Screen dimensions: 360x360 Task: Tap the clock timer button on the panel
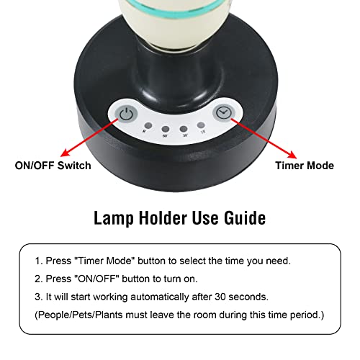coord(222,113)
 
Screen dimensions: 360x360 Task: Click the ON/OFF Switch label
coord(53,166)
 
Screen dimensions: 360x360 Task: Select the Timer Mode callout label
coord(305,166)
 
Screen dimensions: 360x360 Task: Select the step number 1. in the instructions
coord(39,261)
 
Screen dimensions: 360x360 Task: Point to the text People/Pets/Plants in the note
coord(78,315)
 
